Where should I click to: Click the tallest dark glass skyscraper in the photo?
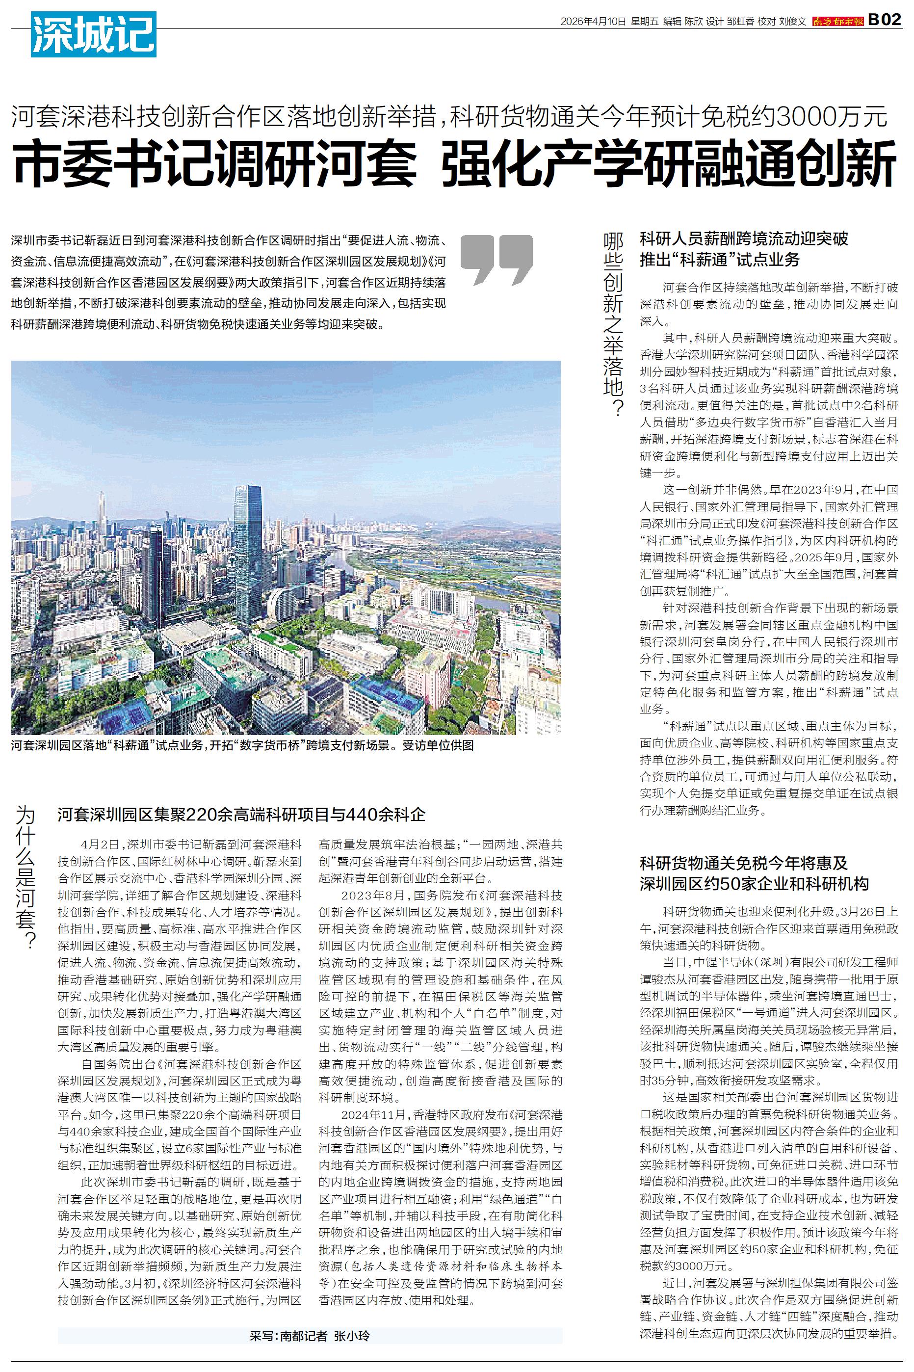point(248,548)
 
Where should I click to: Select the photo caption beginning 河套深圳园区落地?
point(242,745)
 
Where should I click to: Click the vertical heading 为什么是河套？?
point(26,877)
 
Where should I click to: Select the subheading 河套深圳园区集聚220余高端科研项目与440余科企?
point(241,814)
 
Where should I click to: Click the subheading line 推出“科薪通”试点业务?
point(719,260)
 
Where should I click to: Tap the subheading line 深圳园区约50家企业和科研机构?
point(754,884)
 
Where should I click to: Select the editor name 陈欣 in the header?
point(693,22)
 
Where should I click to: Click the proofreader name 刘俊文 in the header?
point(792,22)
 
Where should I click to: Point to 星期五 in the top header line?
point(644,22)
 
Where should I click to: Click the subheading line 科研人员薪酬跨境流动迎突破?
point(744,239)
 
